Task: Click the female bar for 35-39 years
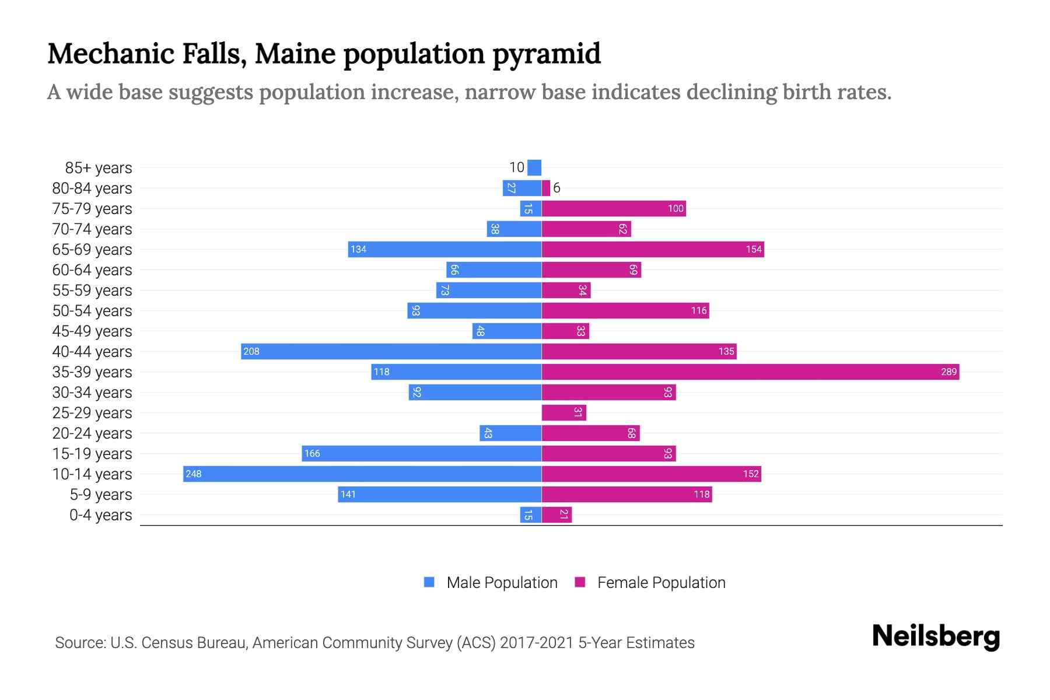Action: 750,372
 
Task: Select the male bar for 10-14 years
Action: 362,474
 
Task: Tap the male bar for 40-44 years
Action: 391,351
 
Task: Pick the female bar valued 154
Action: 652,249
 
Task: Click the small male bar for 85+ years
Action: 534,167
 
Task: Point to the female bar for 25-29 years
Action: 563,412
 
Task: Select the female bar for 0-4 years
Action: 556,514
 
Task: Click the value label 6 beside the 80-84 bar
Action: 556,188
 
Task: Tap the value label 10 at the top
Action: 517,167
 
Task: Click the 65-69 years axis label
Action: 92,250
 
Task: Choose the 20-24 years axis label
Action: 92,433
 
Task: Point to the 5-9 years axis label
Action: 101,495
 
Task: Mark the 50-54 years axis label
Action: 92,311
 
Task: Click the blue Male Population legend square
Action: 429,582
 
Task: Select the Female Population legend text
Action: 661,583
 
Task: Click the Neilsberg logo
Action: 936,636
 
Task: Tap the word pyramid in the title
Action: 546,54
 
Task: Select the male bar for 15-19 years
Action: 421,453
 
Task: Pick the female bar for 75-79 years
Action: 614,208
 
